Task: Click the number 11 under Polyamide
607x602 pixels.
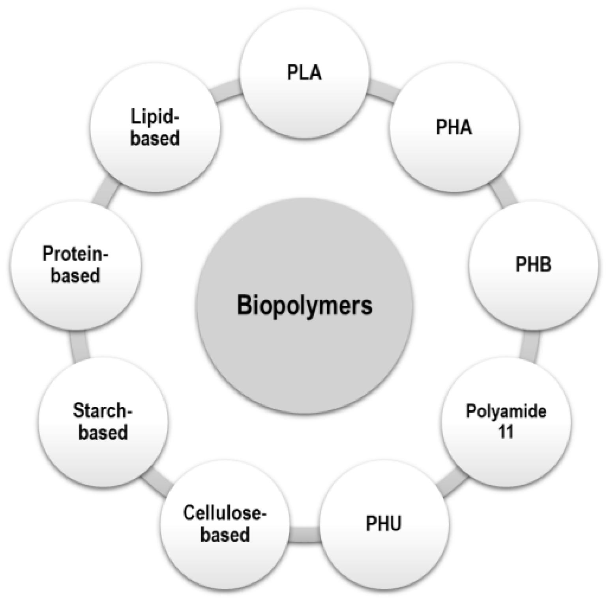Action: (x=506, y=432)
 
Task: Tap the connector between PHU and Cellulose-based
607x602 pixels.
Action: (x=304, y=535)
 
